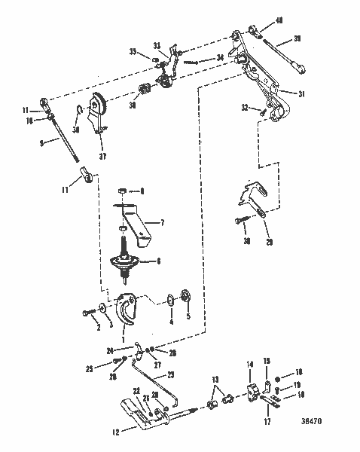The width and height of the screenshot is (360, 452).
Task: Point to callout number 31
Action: coord(301,93)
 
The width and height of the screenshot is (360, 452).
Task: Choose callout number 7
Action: coord(160,223)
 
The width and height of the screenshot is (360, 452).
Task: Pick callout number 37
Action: coord(102,157)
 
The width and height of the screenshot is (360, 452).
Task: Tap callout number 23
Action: coord(170,374)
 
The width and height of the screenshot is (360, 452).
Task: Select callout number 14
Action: coord(249,365)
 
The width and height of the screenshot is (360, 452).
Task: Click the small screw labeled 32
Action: coord(262,114)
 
